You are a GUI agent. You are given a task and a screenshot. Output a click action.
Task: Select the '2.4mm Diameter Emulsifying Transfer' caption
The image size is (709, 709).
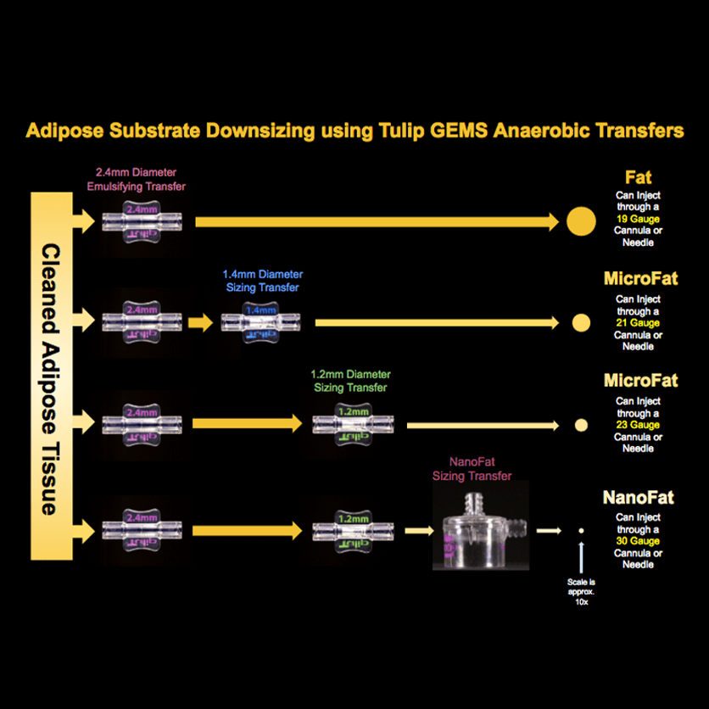(141, 179)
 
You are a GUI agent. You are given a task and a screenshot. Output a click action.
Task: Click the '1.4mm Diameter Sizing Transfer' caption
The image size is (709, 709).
(262, 281)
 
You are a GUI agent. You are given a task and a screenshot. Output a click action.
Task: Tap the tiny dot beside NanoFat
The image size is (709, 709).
(581, 531)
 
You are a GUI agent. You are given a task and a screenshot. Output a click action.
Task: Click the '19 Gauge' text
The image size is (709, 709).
(639, 220)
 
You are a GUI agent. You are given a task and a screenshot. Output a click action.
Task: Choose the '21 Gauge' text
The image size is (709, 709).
(639, 323)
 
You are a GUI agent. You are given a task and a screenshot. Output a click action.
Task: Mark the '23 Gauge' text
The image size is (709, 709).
(639, 424)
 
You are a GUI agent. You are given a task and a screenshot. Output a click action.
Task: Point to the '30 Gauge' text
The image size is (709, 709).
(639, 540)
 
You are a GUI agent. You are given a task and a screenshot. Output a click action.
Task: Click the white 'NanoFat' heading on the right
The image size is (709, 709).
(639, 497)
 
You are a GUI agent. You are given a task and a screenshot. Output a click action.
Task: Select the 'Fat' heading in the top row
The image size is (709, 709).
(639, 177)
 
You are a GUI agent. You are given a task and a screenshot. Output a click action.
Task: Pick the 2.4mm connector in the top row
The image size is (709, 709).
(142, 221)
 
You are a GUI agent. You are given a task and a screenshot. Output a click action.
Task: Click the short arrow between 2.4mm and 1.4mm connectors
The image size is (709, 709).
(200, 323)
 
